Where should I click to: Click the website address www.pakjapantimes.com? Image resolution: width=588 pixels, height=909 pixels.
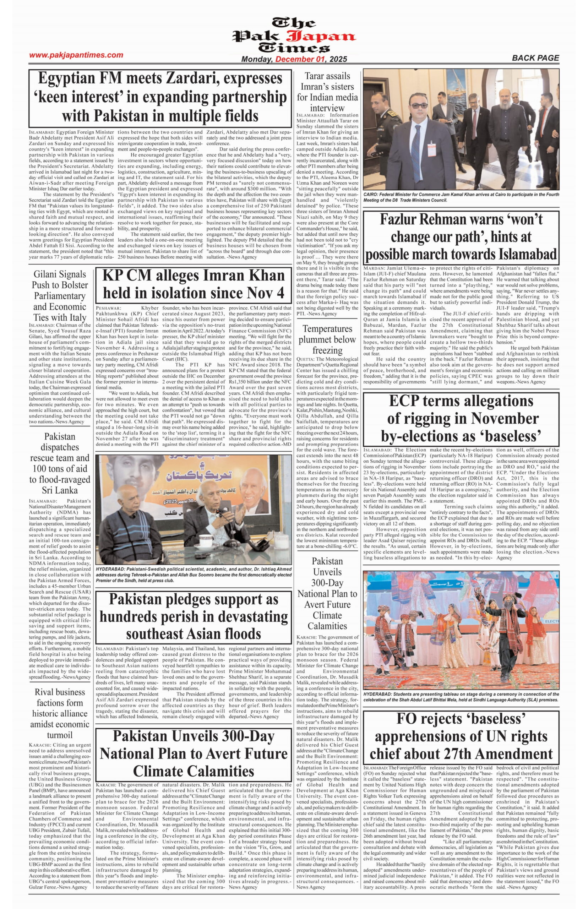click(x=76, y=55)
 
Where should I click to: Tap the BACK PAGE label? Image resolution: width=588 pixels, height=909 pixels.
click(x=535, y=58)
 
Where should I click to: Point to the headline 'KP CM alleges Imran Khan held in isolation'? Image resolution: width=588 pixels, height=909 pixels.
click(x=194, y=284)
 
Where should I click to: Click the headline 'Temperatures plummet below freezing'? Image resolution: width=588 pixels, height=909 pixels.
click(x=327, y=339)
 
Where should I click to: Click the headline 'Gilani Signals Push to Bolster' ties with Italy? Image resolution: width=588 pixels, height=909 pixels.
click(x=60, y=295)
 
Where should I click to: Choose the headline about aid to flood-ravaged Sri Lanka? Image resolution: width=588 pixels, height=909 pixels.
click(x=60, y=463)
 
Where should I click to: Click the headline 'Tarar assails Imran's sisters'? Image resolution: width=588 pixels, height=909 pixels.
click(x=327, y=92)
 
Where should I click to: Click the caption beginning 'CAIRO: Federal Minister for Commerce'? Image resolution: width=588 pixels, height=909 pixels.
click(x=461, y=197)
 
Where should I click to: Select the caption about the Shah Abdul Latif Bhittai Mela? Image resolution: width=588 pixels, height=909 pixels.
click(x=461, y=697)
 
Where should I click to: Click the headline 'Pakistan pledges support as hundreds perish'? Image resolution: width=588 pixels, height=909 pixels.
click(x=194, y=616)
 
